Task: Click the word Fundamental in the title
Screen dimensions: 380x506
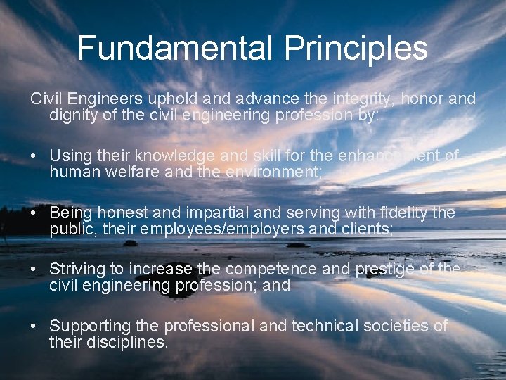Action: (176, 49)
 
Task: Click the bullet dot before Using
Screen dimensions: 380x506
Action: (34, 156)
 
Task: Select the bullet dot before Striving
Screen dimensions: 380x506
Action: (34, 270)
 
